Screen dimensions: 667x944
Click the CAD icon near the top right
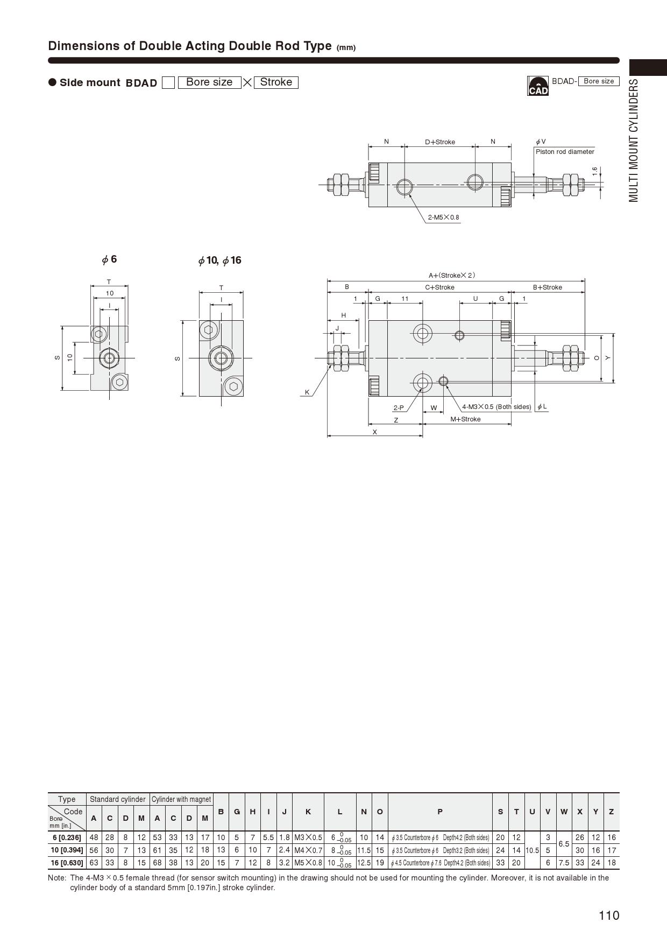tap(538, 86)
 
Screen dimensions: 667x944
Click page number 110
tap(609, 915)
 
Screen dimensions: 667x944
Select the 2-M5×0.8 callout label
tap(444, 217)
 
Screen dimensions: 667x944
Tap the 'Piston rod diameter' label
tap(565, 152)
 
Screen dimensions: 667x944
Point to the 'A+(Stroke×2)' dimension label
tap(452, 276)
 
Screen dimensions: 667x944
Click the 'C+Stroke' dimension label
tap(440, 287)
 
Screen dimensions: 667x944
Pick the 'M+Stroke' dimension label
tap(466, 419)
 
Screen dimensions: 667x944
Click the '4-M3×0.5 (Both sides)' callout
tap(496, 407)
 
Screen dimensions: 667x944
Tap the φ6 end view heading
tap(109, 259)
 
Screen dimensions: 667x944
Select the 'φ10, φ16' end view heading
tap(220, 260)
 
